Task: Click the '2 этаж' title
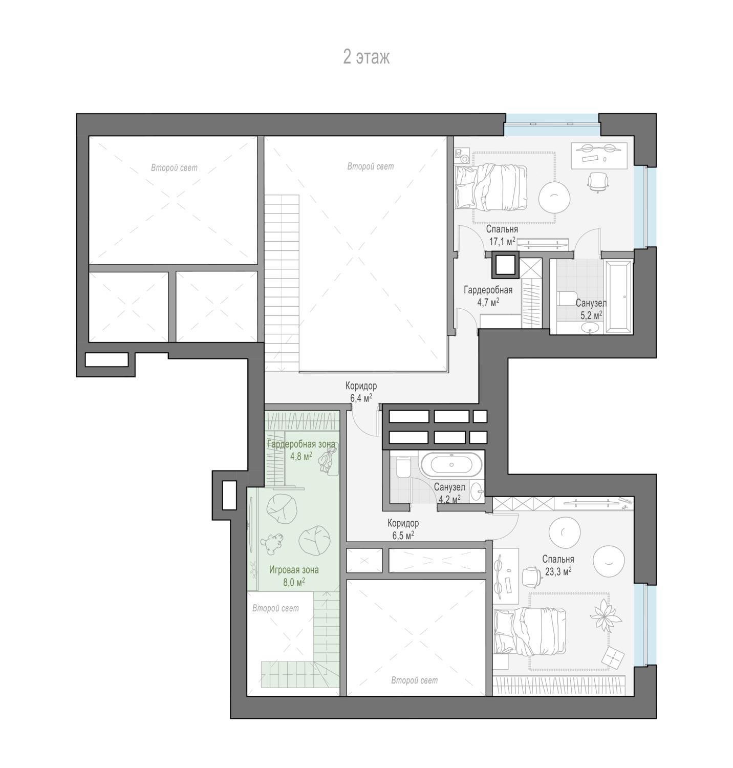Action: (x=366, y=57)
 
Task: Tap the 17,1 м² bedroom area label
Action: (x=502, y=241)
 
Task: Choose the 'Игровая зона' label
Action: (x=294, y=570)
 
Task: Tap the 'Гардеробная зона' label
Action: (x=301, y=444)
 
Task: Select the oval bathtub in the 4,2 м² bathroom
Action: (x=451, y=465)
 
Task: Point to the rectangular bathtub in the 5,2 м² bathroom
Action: (x=618, y=297)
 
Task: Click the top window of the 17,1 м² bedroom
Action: (x=552, y=125)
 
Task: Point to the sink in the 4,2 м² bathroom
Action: (x=477, y=492)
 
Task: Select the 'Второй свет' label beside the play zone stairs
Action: (x=275, y=608)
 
